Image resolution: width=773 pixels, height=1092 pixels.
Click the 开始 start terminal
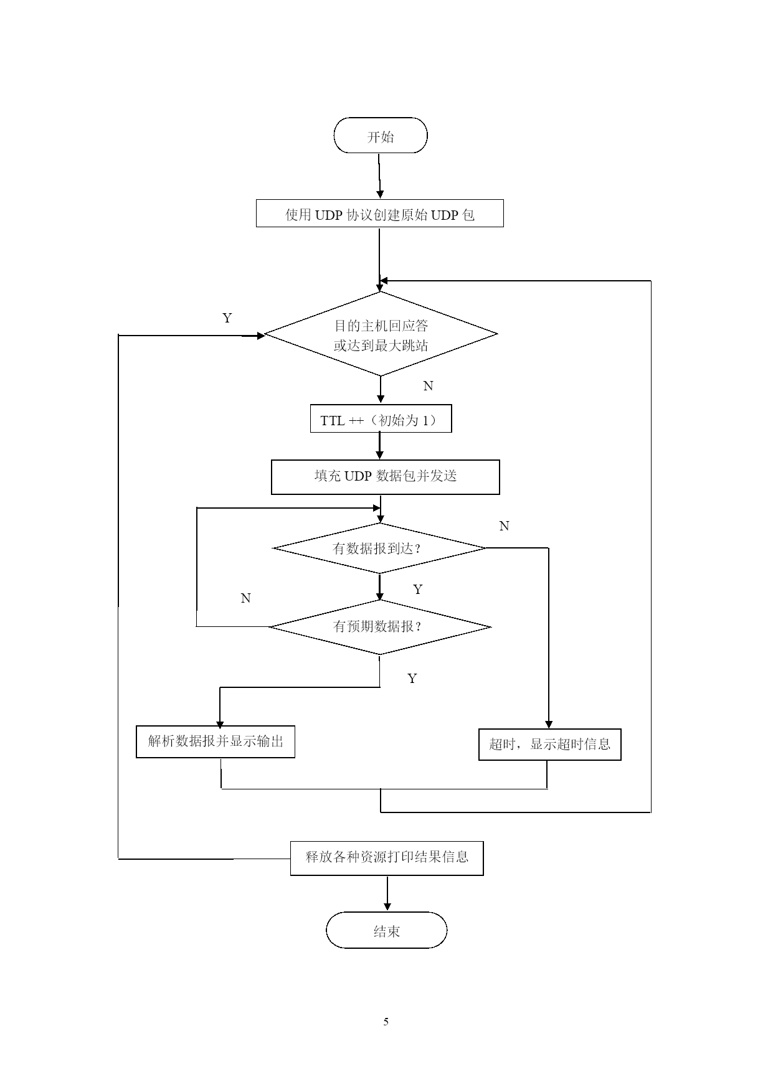(x=381, y=135)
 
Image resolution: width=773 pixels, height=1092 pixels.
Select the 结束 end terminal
(x=387, y=930)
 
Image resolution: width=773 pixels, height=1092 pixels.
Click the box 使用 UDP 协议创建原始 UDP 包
(x=380, y=214)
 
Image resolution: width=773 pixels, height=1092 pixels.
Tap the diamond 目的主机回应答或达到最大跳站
(x=381, y=334)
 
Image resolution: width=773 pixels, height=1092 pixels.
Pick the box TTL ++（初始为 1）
(x=381, y=419)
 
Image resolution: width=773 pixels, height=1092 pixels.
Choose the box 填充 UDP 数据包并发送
(x=386, y=477)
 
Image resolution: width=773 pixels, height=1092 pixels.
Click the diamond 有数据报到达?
(x=379, y=548)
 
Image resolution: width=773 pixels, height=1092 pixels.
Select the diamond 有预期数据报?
(x=380, y=627)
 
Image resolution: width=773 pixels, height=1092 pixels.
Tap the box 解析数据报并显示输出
(x=216, y=741)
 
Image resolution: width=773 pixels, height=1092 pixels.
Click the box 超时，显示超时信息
(x=550, y=744)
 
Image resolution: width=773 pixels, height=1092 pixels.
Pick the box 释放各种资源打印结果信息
(x=387, y=858)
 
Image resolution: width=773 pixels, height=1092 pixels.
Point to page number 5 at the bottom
(x=386, y=1022)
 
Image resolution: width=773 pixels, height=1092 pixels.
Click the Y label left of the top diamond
(x=227, y=318)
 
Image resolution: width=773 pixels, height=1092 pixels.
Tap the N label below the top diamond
(x=428, y=386)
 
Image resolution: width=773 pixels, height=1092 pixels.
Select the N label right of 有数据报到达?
(x=505, y=526)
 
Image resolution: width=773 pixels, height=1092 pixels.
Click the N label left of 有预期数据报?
(x=246, y=598)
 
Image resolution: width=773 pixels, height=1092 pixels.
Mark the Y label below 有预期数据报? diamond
(x=412, y=679)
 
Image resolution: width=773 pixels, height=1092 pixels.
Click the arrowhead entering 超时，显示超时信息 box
(x=549, y=725)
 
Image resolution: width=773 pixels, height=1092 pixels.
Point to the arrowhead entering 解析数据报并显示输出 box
(x=219, y=722)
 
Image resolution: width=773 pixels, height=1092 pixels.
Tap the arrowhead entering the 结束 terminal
(x=387, y=907)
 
